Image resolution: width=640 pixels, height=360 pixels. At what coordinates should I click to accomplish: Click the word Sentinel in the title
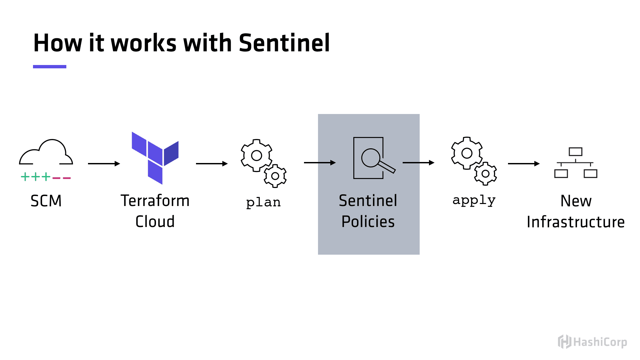[x=284, y=43]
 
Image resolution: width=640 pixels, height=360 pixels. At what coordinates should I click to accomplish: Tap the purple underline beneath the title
[x=50, y=67]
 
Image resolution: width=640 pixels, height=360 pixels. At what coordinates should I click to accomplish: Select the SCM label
[x=46, y=201]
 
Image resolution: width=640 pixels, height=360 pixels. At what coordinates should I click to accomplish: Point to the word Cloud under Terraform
[x=155, y=222]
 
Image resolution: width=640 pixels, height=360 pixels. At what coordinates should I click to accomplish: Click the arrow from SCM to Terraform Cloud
[x=104, y=164]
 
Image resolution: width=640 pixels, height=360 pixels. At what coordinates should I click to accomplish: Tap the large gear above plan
[x=256, y=155]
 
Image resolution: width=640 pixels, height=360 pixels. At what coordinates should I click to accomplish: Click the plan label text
[x=263, y=202]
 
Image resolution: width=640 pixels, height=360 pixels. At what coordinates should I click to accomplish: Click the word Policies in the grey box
[x=368, y=222]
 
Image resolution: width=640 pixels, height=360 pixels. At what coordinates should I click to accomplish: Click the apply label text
[x=474, y=200]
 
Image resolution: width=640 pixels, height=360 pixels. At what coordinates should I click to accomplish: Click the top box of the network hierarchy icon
[x=576, y=152]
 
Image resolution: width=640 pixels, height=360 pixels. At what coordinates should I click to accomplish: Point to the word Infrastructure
[x=576, y=222]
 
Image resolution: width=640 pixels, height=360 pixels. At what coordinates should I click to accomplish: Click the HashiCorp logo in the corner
[x=593, y=342]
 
